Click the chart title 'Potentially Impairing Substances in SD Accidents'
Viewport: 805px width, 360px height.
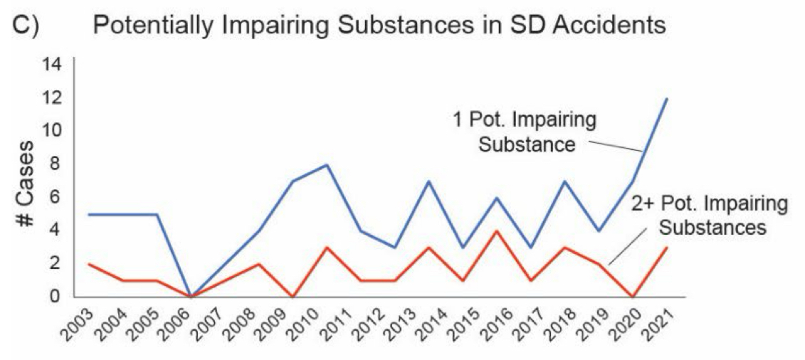pyautogui.click(x=379, y=26)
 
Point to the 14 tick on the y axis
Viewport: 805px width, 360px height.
pyautogui.click(x=54, y=65)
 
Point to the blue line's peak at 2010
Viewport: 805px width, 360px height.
pyautogui.click(x=327, y=165)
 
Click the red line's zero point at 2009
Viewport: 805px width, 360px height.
pyautogui.click(x=293, y=296)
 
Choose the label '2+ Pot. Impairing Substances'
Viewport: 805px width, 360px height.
pyautogui.click(x=710, y=216)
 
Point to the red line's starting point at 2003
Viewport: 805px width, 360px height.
pyautogui.click(x=88, y=264)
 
